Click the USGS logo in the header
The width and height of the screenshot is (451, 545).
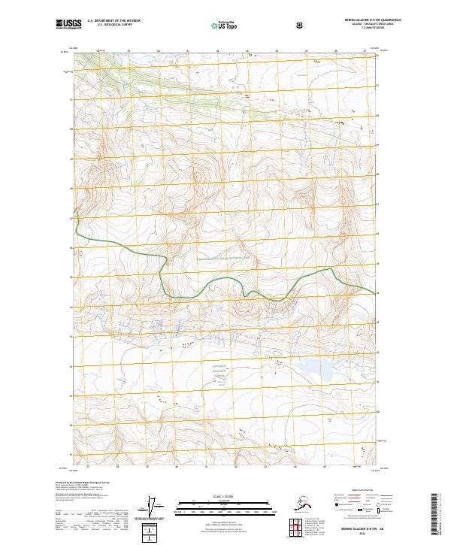(68, 24)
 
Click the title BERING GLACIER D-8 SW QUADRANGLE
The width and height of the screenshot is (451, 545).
(368, 20)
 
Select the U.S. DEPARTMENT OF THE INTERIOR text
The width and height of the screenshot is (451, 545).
(114, 21)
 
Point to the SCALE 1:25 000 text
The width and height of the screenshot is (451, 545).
(225, 495)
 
